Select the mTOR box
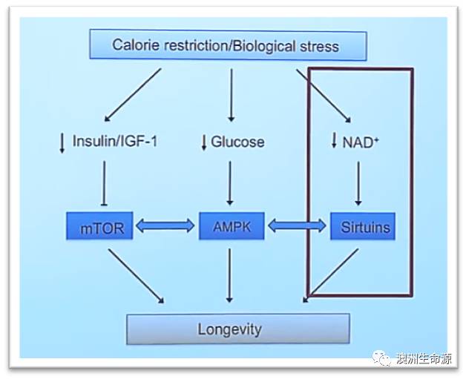coord(101,228)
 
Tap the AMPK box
coord(231,227)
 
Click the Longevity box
coord(237,329)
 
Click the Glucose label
coord(237,142)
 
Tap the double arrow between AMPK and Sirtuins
coord(296,227)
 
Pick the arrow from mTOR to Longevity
coord(136,275)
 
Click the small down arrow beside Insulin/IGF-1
coord(62,142)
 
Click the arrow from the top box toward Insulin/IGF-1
coord(133,93)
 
